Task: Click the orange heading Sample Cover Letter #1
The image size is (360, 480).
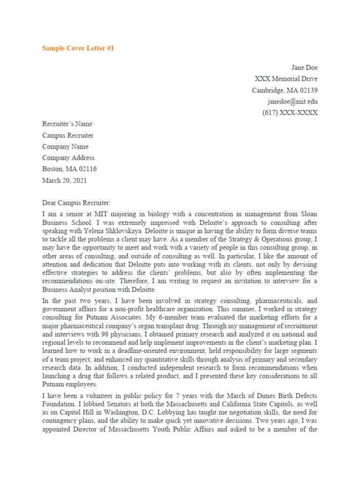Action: coord(78,48)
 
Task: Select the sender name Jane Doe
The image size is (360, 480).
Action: coord(305,67)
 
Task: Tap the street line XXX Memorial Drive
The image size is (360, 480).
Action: coord(286,79)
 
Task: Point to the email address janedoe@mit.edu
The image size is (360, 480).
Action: coord(292,101)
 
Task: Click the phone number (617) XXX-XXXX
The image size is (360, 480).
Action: coord(290,112)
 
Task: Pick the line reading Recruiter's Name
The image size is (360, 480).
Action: coord(67,124)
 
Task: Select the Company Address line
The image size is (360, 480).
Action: coord(68,157)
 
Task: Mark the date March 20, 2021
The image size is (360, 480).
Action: coord(65,180)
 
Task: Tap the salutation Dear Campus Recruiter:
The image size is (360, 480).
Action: coord(77,202)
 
